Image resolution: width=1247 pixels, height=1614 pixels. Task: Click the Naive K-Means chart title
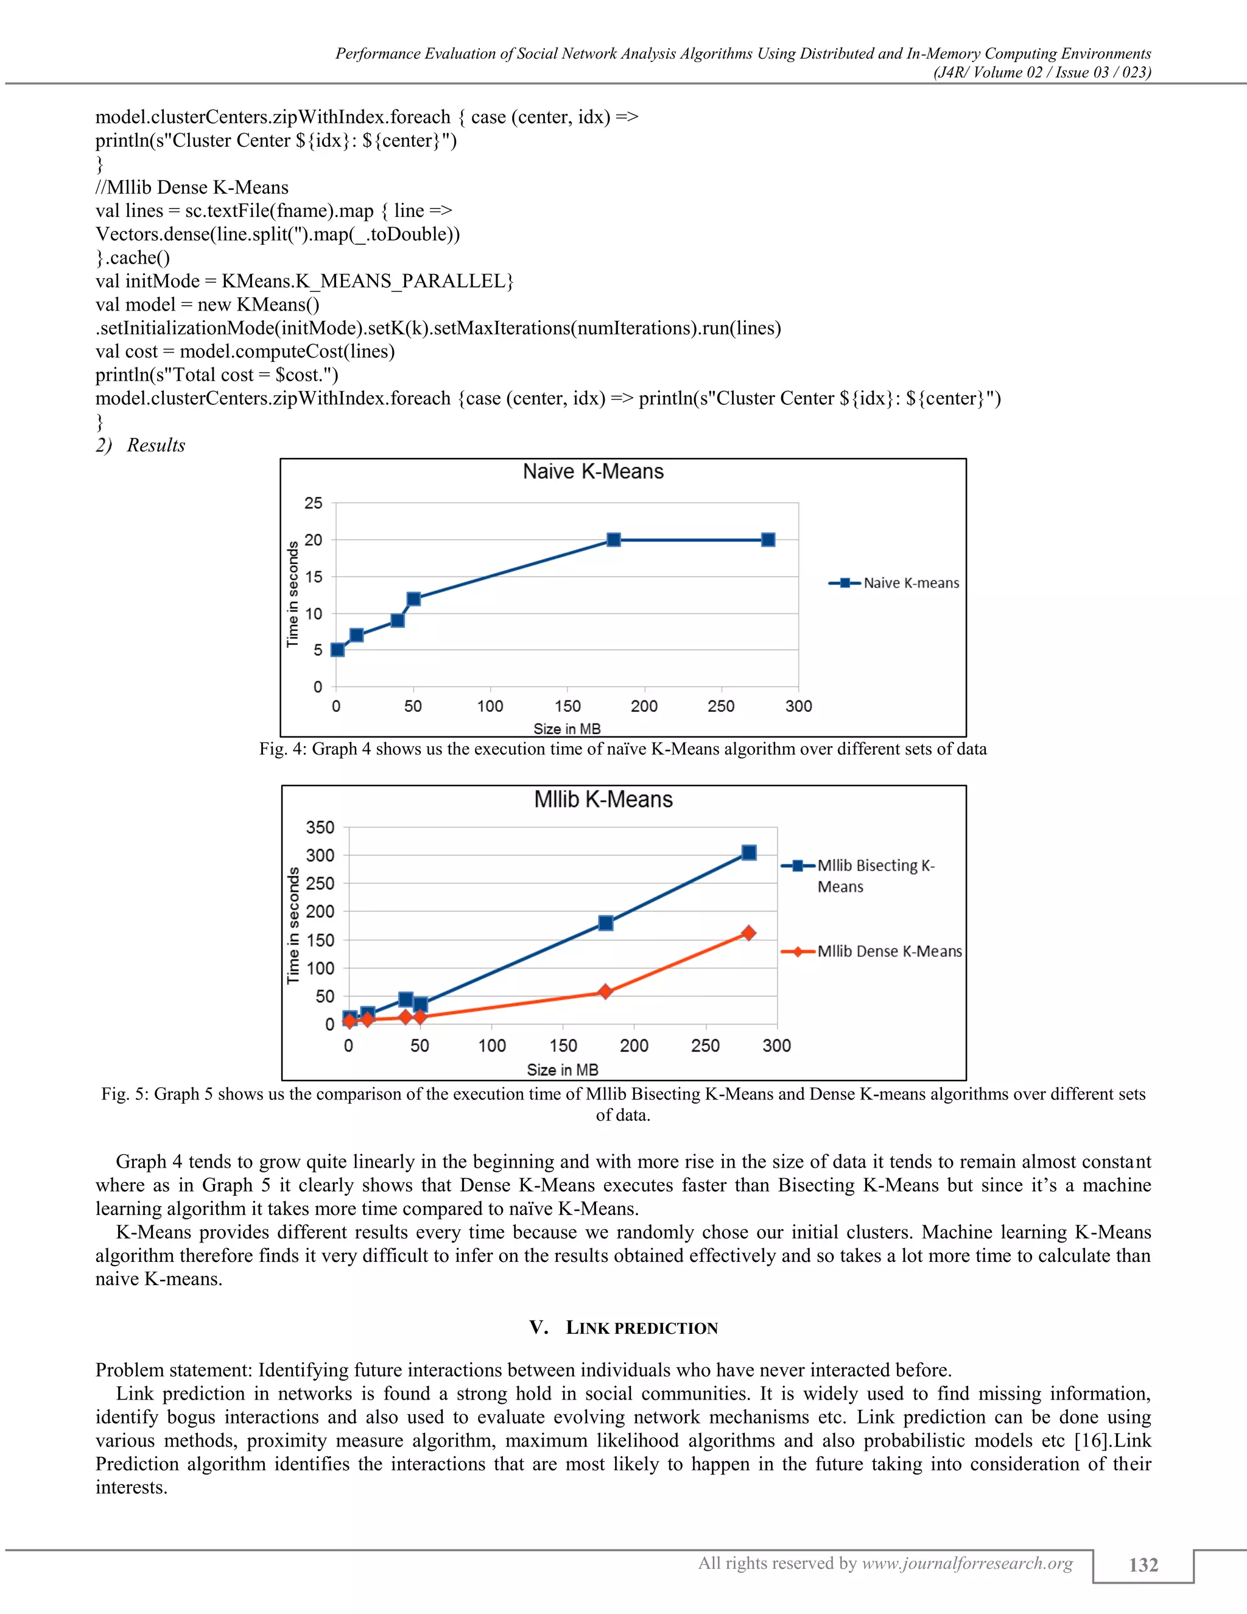coord(592,471)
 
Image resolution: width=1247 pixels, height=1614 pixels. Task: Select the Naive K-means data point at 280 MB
coord(768,540)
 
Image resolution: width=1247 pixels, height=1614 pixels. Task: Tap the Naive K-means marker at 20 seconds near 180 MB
coord(613,540)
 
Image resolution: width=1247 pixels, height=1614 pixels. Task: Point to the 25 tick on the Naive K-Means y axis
coord(313,503)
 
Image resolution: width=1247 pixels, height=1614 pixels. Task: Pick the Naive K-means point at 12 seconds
coord(413,599)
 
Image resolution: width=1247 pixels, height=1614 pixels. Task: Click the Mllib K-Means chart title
coord(603,800)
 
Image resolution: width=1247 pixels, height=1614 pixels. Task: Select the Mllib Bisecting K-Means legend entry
coord(876,875)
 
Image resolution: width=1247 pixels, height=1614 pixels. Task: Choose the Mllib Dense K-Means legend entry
coord(889,951)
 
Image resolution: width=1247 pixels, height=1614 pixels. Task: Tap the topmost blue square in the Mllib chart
coord(748,853)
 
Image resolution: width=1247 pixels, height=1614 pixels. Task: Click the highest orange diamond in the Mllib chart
coord(748,933)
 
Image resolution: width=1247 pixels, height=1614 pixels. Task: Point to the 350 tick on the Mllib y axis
coord(320,828)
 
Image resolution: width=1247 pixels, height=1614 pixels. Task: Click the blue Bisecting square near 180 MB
coord(605,923)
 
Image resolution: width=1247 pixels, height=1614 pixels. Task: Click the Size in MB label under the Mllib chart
coord(562,1070)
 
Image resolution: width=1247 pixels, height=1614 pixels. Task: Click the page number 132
coord(1143,1565)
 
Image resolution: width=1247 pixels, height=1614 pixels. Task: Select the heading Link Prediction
coord(641,1328)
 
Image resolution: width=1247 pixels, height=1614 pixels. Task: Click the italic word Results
coord(156,445)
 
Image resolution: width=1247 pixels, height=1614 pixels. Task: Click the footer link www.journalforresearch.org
coord(967,1563)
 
